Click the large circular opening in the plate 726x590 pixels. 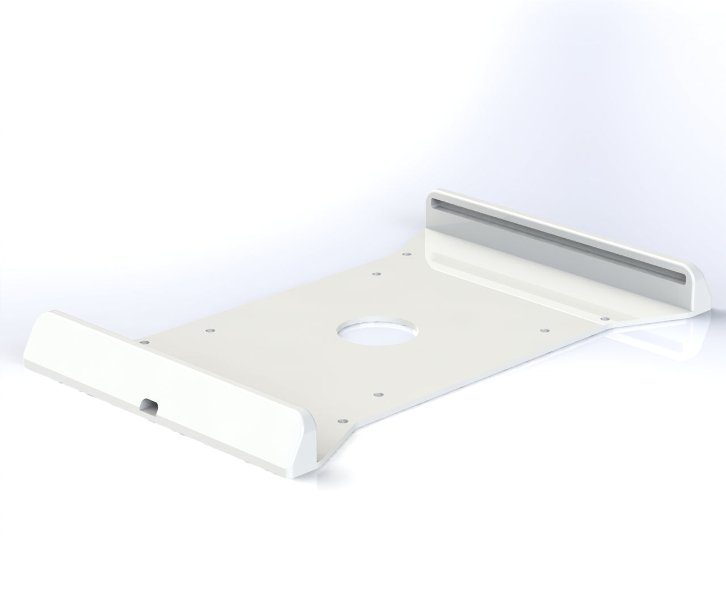click(377, 334)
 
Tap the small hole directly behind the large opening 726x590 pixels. click(375, 274)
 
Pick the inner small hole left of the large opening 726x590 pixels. click(209, 329)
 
